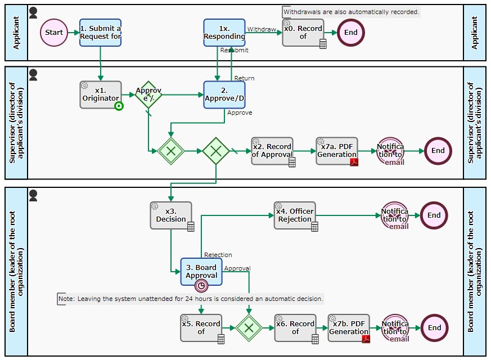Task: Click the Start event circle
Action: pyautogui.click(x=54, y=33)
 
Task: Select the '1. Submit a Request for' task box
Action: pyautogui.click(x=100, y=33)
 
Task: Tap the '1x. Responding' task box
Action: pyautogui.click(x=224, y=33)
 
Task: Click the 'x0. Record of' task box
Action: pyautogui.click(x=303, y=33)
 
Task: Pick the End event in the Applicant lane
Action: pyautogui.click(x=351, y=33)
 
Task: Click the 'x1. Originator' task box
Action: pyautogui.click(x=101, y=94)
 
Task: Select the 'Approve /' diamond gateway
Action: pyautogui.click(x=148, y=94)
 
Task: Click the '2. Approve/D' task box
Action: pyautogui.click(x=224, y=94)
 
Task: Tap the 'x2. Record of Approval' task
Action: pyautogui.click(x=272, y=151)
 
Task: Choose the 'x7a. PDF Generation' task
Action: pyautogui.click(x=337, y=151)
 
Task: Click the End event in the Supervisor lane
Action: pyautogui.click(x=438, y=151)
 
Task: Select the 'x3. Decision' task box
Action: pyautogui.click(x=171, y=215)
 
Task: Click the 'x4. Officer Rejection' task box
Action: pyautogui.click(x=295, y=215)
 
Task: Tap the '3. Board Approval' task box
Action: pyautogui.click(x=201, y=272)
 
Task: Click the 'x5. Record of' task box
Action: pyautogui.click(x=201, y=327)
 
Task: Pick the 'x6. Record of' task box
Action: pyautogui.click(x=295, y=327)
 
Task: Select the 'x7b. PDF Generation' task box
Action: pyautogui.click(x=349, y=327)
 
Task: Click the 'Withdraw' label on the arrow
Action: pyautogui.click(x=262, y=29)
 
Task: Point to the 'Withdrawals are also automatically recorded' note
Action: pyautogui.click(x=351, y=12)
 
